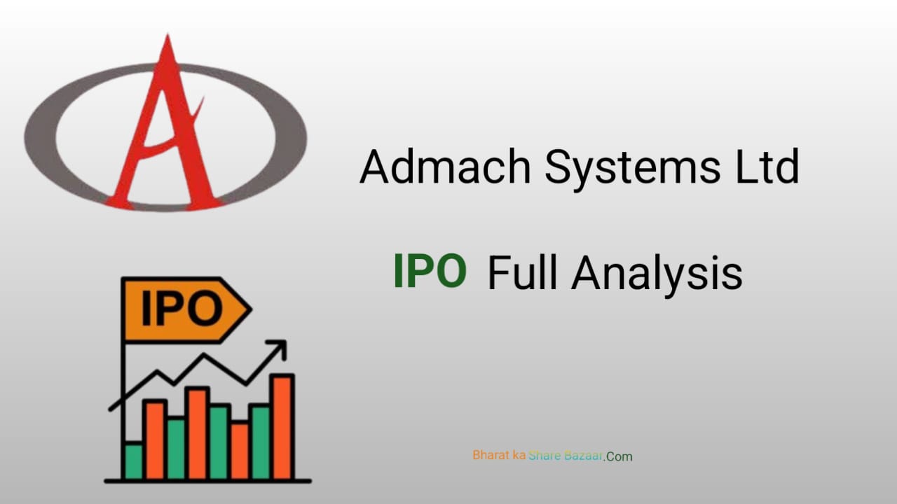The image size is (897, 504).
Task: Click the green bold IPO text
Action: point(430,272)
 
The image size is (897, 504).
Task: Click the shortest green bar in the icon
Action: point(133,461)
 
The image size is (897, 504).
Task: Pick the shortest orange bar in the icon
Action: point(239,450)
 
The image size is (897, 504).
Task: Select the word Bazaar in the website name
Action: point(584,455)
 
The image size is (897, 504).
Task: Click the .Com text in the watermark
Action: point(619,456)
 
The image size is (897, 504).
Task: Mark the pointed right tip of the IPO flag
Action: point(249,309)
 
